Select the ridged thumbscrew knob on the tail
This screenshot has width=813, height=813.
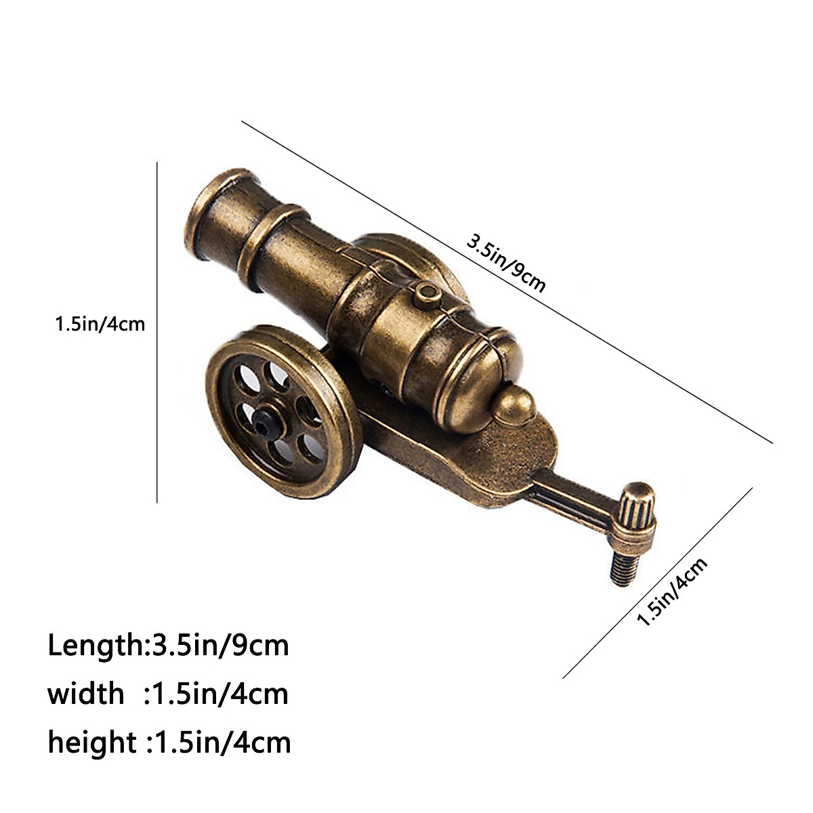click(639, 507)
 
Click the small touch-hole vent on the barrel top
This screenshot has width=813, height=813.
click(425, 292)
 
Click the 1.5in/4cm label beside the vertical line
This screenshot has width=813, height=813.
click(100, 324)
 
